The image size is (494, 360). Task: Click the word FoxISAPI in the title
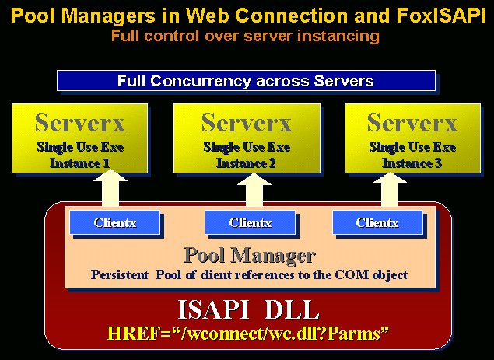441,15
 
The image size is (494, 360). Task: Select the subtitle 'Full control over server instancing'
245,36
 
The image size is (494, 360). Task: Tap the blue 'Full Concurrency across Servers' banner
246,81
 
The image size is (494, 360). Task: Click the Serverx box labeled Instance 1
79,138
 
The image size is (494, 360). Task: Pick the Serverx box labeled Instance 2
247,138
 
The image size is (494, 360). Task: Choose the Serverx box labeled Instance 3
413,138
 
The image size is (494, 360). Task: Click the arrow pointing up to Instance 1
110,188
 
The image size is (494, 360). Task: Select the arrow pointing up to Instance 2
254,189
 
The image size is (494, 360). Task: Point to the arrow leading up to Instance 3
390,189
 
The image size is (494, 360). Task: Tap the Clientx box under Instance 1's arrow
114,222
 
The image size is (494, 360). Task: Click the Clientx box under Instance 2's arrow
251,222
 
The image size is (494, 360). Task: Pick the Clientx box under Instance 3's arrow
377,222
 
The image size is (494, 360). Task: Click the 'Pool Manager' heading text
250,255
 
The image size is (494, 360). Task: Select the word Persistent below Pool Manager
120,274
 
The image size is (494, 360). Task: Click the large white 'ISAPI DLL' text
249,310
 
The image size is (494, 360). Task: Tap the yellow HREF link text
248,334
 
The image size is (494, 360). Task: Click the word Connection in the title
292,15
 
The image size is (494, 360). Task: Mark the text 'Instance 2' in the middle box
247,163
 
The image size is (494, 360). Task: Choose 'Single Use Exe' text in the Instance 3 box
412,147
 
